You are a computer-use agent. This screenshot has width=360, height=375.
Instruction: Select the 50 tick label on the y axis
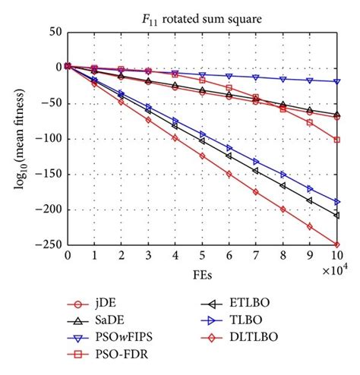point(55,32)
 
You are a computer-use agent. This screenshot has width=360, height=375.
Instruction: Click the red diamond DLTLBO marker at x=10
point(336,244)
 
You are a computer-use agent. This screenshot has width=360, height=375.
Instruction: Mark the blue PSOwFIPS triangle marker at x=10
point(336,81)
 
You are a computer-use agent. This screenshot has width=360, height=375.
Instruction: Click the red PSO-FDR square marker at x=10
point(336,140)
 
